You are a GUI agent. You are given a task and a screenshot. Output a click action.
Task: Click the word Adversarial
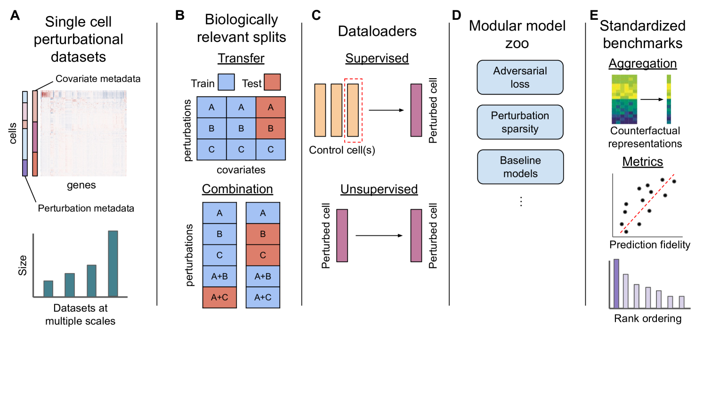520,71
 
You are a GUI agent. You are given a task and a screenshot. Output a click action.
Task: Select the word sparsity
520,129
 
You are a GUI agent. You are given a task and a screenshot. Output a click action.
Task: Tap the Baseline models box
520,167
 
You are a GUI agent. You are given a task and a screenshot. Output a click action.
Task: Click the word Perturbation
520,116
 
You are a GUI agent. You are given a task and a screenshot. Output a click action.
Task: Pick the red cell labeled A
270,107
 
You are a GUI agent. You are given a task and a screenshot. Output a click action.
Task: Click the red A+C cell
219,298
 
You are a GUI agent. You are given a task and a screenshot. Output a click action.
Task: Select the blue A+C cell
263,298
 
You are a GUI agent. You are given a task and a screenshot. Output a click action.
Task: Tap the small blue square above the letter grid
226,82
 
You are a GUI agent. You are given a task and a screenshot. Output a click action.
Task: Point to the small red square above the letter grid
272,82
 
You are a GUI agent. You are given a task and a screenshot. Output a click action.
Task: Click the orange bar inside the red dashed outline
353,110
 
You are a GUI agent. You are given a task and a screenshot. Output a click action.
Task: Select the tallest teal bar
113,263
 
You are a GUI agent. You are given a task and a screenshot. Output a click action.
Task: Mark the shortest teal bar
49,288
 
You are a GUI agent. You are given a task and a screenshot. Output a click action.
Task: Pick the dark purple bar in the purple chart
616,283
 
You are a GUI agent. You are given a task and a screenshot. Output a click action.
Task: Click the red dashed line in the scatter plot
647,203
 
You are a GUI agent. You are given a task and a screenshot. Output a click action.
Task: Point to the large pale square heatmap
84,133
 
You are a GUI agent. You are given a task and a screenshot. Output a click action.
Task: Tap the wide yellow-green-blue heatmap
624,99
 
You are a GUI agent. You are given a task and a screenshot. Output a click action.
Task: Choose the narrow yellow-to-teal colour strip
668,99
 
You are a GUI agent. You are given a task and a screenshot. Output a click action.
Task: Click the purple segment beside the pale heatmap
25,168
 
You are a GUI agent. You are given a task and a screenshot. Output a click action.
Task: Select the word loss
520,84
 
